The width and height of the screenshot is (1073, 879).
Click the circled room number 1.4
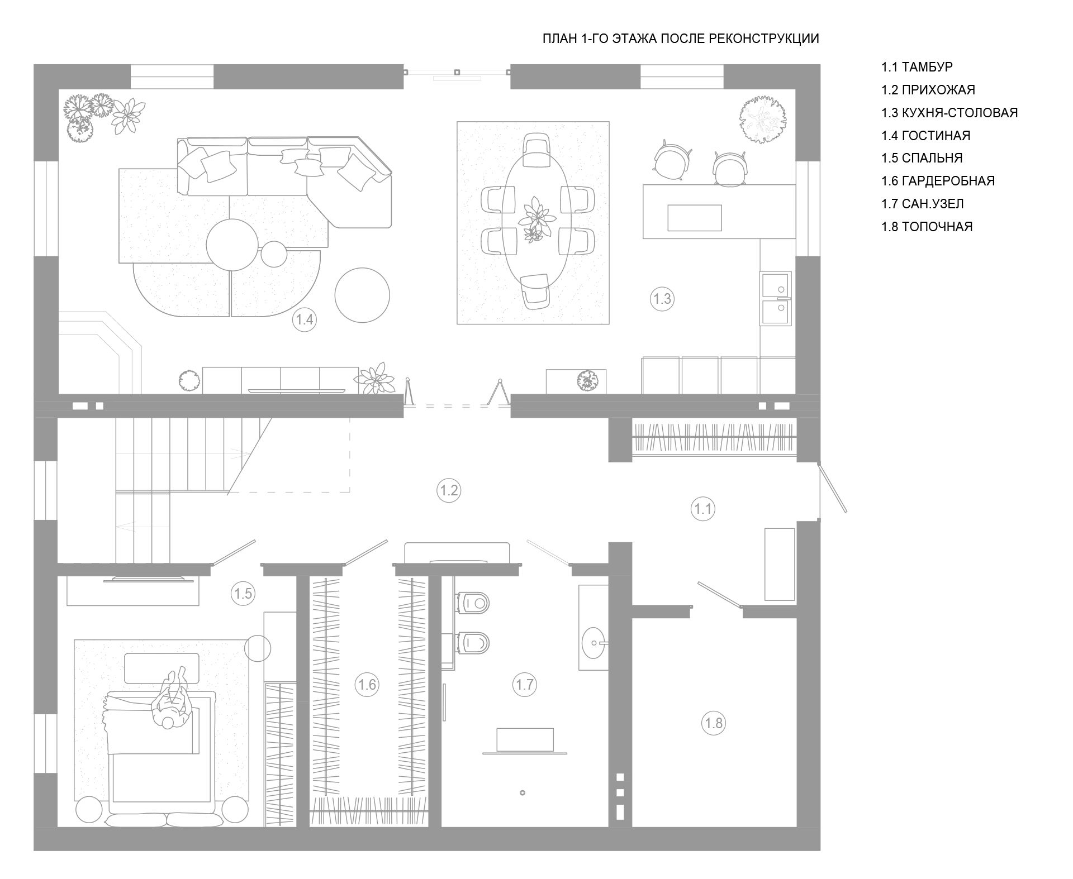(x=305, y=320)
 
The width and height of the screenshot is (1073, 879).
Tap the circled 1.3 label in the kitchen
(x=662, y=299)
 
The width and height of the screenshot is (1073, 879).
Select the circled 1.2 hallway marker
(x=449, y=490)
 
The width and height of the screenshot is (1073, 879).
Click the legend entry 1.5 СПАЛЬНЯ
(x=922, y=158)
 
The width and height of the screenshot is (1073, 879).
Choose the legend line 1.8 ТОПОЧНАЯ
(x=927, y=227)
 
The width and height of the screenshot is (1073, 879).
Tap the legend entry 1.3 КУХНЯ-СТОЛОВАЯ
(x=949, y=112)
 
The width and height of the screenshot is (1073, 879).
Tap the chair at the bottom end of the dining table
(x=535, y=290)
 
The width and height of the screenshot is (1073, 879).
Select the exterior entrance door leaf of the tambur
(x=833, y=486)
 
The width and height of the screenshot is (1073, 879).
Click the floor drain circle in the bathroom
(x=523, y=792)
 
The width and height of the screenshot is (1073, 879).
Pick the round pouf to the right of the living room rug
(x=362, y=295)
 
